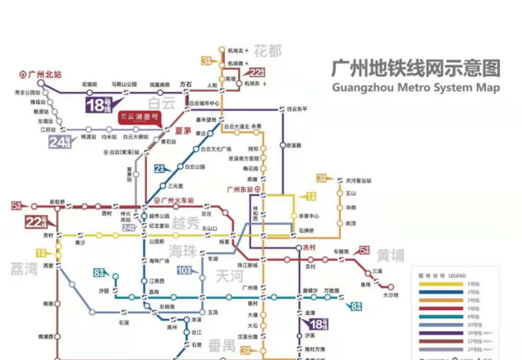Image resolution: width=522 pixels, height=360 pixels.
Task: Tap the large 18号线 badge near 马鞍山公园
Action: (x=99, y=104)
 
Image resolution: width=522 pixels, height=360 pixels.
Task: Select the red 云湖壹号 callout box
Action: (x=139, y=118)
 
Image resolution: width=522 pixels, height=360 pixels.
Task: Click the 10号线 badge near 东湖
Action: (x=184, y=270)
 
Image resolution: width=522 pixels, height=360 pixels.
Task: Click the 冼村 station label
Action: (x=309, y=247)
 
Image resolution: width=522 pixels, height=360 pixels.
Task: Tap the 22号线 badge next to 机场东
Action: (x=257, y=71)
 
